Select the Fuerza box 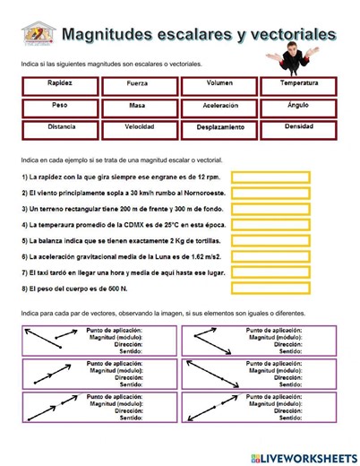pyautogui.click(x=137, y=86)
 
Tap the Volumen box pyautogui.click(x=219, y=86)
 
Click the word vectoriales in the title pyautogui.click(x=291, y=34)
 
